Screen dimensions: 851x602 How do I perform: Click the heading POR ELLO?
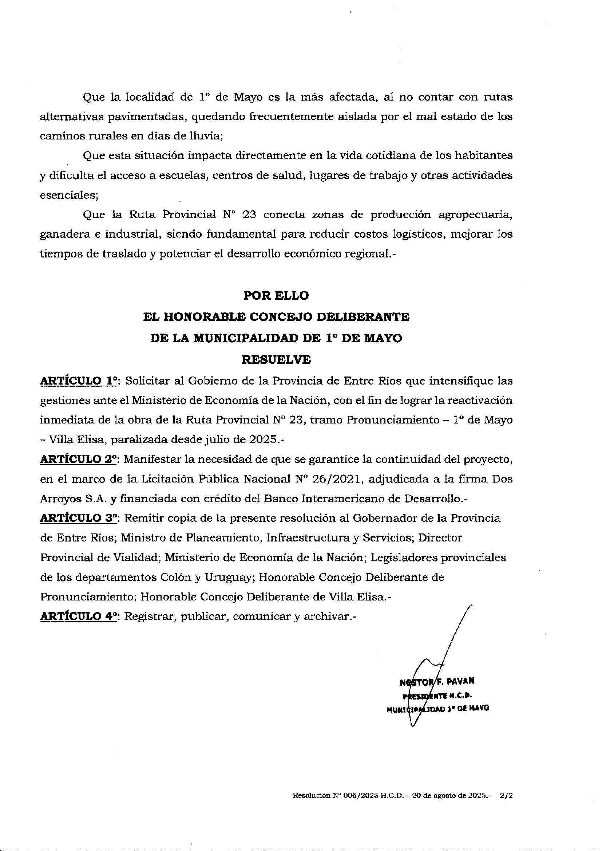coord(276,296)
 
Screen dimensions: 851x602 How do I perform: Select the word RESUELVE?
coord(276,360)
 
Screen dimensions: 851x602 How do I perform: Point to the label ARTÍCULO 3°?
coord(79,518)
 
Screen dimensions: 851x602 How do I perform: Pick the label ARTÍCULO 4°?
coord(79,616)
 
